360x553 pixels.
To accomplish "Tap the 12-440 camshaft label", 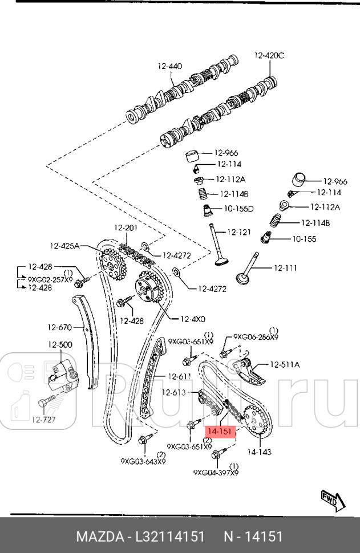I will [170, 66].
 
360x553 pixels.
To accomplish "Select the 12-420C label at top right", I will [269, 55].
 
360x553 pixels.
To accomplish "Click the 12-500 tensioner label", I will [60, 344].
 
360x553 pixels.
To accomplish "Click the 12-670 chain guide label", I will [60, 327].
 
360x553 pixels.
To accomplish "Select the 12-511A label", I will [285, 364].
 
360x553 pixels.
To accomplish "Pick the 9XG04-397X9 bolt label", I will [216, 473].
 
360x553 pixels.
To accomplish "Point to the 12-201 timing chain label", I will [126, 228].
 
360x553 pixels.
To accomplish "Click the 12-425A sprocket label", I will [65, 246].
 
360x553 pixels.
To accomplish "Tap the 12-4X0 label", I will [192, 319].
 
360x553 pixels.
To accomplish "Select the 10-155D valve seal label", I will [238, 209].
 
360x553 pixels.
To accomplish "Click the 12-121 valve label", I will [239, 232].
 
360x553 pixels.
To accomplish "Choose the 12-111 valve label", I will [286, 267].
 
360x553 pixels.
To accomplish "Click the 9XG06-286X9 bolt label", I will [255, 337].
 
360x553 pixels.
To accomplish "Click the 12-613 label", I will [174, 392].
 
